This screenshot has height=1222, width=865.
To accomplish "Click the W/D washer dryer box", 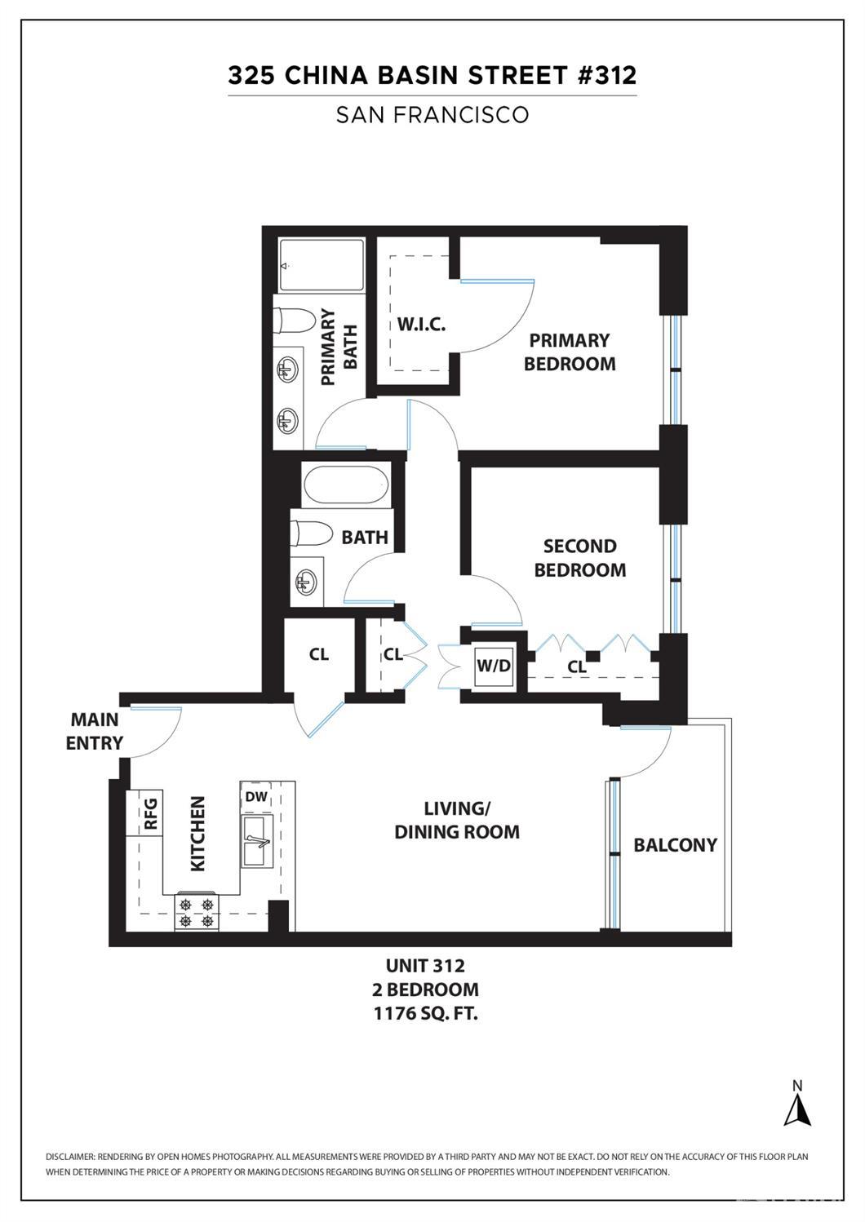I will [494, 666].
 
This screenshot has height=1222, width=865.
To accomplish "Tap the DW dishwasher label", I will [255, 797].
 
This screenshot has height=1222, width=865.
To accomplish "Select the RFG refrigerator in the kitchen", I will [150, 812].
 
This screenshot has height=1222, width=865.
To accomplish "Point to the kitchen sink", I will [257, 841].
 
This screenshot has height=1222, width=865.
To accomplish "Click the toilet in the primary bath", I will [295, 320].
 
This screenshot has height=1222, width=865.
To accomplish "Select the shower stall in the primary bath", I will [322, 265].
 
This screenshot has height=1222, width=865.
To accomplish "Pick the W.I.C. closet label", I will [421, 325].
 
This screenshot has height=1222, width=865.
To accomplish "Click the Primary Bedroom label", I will [570, 352].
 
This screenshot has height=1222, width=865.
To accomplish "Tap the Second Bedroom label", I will [580, 558].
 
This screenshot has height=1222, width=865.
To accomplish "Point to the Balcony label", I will [675, 845].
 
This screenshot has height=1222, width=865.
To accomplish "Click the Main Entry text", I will [95, 731].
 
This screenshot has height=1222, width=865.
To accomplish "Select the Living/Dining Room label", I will [456, 820].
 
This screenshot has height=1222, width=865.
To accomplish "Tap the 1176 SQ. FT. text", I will [425, 1014].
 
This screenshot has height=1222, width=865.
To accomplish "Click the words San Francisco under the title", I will [432, 115].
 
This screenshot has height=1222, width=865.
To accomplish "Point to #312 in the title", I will [606, 75].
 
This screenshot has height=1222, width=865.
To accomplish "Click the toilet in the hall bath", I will [311, 534].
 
